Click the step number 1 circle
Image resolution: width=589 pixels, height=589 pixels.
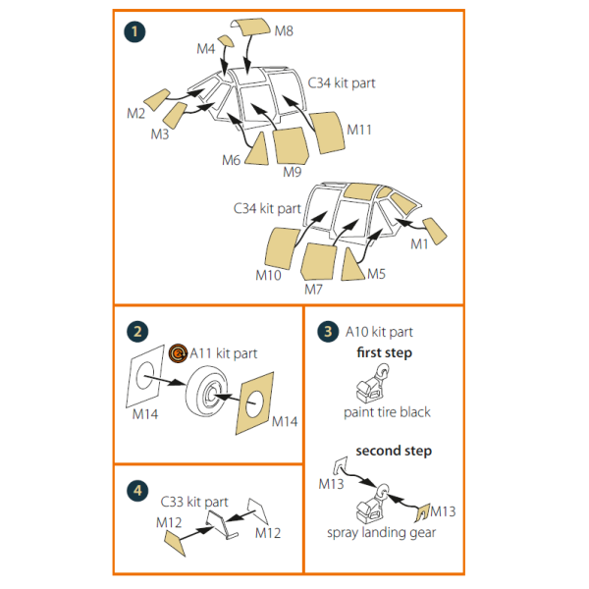click(x=134, y=32)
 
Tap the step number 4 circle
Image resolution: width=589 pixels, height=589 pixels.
click(x=137, y=491)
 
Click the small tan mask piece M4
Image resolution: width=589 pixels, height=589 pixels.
click(x=226, y=41)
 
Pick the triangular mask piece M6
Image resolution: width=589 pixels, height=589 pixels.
click(x=258, y=150)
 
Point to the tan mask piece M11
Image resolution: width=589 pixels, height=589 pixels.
click(x=327, y=133)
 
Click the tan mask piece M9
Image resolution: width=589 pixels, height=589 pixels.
click(x=291, y=145)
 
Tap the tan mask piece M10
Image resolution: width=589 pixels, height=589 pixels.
click(x=282, y=248)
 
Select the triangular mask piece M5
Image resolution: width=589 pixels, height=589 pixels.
click(x=351, y=266)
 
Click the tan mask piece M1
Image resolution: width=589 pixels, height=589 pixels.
click(x=435, y=231)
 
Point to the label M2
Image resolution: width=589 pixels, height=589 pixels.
click(x=136, y=114)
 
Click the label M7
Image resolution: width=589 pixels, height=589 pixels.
click(x=313, y=290)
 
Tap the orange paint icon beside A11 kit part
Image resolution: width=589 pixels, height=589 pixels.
click(x=178, y=353)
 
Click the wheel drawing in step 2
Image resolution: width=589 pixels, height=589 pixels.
click(x=206, y=392)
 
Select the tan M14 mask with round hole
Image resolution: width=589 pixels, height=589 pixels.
click(x=254, y=403)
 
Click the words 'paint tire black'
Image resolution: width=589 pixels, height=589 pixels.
click(x=387, y=412)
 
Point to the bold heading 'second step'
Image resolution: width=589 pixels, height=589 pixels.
click(x=394, y=451)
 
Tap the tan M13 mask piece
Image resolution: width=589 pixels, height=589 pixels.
click(x=422, y=512)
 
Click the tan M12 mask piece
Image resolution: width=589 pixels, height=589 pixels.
click(x=175, y=543)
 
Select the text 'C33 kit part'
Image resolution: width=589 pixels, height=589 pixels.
click(x=194, y=502)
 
